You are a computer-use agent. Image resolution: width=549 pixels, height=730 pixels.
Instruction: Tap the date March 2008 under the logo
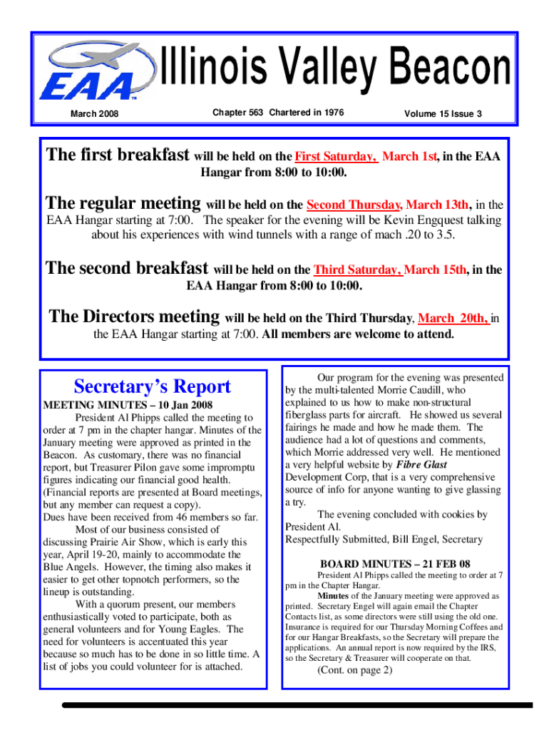94,114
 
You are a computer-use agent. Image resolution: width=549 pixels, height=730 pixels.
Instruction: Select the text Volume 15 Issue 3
443,113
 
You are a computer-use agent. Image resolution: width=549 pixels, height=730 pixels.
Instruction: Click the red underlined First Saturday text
337,156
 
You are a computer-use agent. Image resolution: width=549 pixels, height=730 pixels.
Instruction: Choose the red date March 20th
453,319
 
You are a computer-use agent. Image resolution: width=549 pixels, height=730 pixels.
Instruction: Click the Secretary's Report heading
153,386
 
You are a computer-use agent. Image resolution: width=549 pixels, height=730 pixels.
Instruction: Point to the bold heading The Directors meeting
134,316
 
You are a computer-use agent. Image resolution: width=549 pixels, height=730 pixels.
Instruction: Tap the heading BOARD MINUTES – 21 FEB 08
395,564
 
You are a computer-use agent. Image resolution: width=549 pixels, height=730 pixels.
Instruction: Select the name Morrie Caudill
427,390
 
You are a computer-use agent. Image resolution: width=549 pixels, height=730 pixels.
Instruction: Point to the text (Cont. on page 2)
354,670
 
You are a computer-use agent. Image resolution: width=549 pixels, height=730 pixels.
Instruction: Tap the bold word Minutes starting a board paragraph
333,595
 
